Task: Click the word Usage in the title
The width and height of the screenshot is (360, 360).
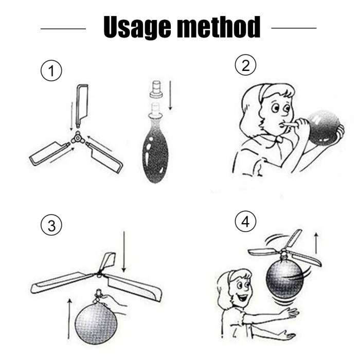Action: (137, 27)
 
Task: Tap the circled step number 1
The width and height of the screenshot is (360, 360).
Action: (51, 70)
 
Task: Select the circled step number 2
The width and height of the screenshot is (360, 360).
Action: (245, 65)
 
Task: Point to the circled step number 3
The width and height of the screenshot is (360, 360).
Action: (51, 225)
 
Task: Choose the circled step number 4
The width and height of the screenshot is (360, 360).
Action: (245, 221)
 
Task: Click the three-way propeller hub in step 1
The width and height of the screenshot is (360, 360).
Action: (78, 138)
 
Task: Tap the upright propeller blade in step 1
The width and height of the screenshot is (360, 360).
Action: (82, 105)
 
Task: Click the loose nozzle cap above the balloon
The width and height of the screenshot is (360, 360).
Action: (156, 89)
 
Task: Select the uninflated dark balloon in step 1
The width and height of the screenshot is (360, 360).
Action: (155, 147)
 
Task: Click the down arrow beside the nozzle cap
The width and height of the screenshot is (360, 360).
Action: (170, 95)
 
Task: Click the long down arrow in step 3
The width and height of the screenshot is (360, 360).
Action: (124, 251)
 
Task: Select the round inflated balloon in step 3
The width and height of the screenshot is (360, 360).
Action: (96, 323)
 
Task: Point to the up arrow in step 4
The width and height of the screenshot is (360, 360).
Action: (316, 243)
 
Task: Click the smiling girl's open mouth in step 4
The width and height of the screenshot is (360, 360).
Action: (243, 298)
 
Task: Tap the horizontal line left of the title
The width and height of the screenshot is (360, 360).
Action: (63, 29)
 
